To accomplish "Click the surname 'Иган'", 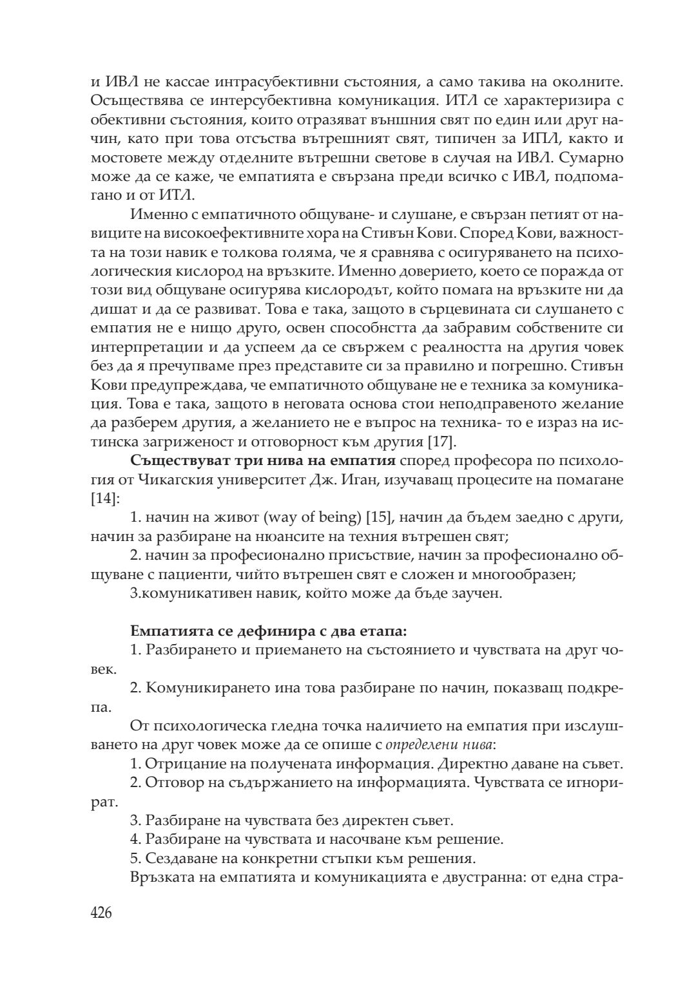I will point(378,480).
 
